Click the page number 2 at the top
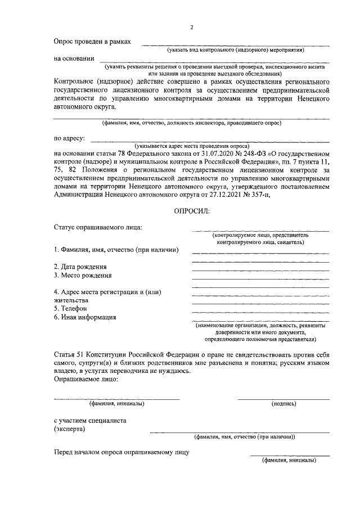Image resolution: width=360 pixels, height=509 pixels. (x=192, y=28)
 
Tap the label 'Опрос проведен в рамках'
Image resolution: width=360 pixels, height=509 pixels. (x=92, y=42)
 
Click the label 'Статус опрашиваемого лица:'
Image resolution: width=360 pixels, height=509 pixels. (x=97, y=227)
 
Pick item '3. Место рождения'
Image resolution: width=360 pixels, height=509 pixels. (x=83, y=276)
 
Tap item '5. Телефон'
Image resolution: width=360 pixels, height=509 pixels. (x=70, y=308)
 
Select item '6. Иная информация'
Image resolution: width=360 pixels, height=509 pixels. (x=85, y=317)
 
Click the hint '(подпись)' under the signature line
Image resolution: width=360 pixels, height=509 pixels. (x=283, y=403)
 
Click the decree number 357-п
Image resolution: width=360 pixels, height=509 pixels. (x=250, y=195)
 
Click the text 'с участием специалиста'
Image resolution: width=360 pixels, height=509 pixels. (x=90, y=420)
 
